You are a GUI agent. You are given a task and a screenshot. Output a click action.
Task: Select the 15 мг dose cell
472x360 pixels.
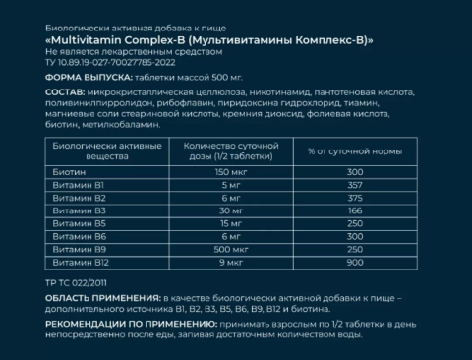[203, 223]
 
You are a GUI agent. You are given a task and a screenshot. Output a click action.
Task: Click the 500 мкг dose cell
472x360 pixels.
[203, 250]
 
